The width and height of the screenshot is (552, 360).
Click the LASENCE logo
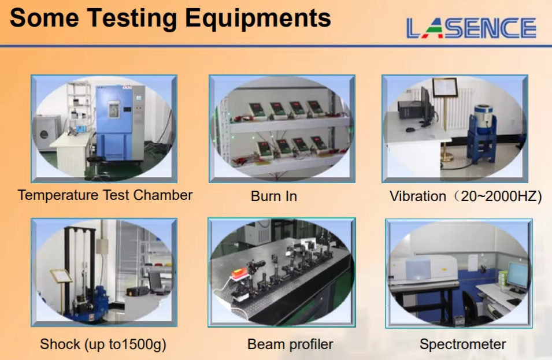click(x=471, y=28)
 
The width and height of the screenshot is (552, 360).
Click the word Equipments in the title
click(x=258, y=18)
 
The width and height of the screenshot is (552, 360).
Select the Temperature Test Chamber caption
click(x=105, y=195)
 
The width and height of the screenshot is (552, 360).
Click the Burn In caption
click(x=274, y=196)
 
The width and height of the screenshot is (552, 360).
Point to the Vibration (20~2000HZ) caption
click(x=465, y=196)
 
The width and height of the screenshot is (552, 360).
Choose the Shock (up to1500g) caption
click(x=103, y=344)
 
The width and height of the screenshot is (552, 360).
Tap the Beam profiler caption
click(x=290, y=344)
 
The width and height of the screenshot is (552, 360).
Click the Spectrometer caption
click(x=462, y=344)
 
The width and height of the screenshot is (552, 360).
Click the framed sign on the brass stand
click(x=445, y=87)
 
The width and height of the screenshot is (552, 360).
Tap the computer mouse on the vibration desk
click(x=410, y=130)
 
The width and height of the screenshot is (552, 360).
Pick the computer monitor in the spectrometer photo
click(x=517, y=276)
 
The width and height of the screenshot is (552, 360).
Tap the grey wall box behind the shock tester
click(x=102, y=246)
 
